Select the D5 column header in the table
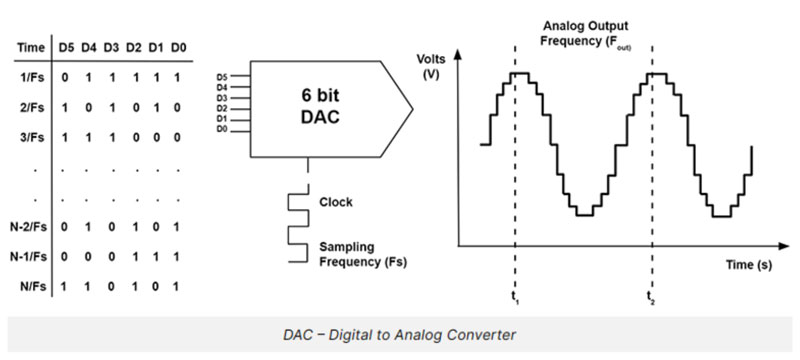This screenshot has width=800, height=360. tap(68, 46)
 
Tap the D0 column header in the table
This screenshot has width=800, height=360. tap(177, 46)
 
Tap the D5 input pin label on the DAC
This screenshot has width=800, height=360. tap(221, 76)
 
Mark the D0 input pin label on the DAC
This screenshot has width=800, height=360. tap(221, 129)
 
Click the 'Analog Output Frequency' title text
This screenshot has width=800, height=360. tap(583, 31)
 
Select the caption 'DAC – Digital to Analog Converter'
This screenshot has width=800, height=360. tap(399, 334)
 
